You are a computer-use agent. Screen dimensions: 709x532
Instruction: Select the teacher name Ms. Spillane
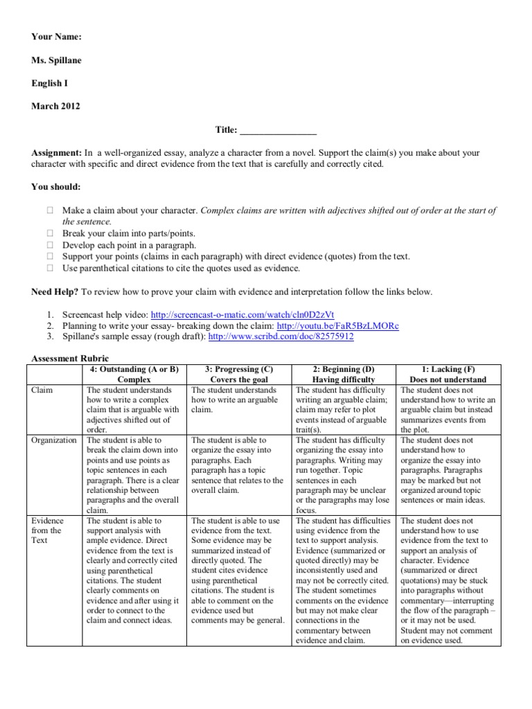click(x=56, y=60)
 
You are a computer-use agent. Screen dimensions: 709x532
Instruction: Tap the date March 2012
click(x=55, y=107)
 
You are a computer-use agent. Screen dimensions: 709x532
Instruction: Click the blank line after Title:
click(x=278, y=130)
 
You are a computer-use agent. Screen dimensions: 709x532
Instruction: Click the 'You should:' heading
click(x=55, y=187)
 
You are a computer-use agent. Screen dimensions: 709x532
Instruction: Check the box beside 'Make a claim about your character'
click(x=50, y=210)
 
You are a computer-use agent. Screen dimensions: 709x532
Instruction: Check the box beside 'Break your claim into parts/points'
click(x=50, y=233)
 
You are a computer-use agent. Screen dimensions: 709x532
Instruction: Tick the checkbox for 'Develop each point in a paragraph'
click(x=50, y=245)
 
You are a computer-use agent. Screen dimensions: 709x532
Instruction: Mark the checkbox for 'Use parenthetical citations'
click(x=50, y=268)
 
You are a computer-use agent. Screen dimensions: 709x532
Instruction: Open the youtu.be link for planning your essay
click(x=338, y=325)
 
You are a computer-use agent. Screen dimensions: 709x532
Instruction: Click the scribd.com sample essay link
click(x=281, y=337)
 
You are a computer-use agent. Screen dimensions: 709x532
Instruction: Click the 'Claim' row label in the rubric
click(x=43, y=391)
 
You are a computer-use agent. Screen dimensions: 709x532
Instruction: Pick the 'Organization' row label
click(x=55, y=440)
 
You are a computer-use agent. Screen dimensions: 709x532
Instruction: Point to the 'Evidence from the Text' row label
click(x=48, y=531)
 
